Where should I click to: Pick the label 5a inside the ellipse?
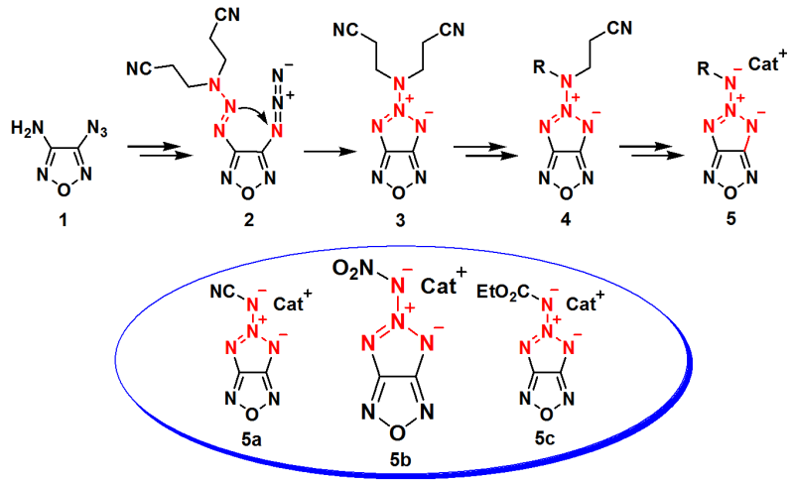pos(252,432)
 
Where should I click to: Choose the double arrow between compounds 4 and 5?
pos(647,150)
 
